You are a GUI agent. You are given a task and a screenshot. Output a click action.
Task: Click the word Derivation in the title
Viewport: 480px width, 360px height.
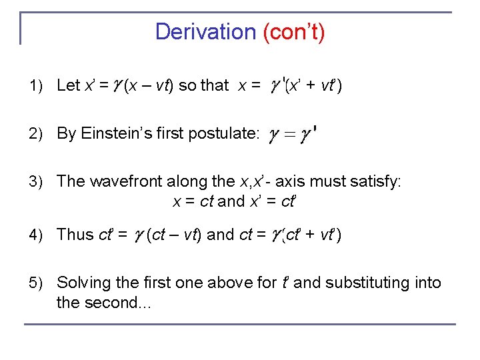pos(205,31)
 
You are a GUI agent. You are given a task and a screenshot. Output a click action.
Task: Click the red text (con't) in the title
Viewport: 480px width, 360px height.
pos(294,31)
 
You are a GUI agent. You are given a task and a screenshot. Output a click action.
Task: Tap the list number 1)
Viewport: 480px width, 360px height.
pos(37,86)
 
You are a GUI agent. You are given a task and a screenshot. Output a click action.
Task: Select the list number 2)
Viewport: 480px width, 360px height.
pos(37,134)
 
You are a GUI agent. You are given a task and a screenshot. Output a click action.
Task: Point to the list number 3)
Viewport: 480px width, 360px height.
pos(37,182)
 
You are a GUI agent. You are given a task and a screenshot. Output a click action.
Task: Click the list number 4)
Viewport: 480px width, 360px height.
pos(37,235)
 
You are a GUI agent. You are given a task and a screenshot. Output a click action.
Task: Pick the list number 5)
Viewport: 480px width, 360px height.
pos(37,283)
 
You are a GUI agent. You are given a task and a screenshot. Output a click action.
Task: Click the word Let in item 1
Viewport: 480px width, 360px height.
pos(69,85)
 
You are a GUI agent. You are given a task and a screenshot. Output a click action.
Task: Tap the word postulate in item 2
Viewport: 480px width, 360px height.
pos(223,133)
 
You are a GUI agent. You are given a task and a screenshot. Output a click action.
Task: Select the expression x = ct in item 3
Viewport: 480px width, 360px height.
pos(193,201)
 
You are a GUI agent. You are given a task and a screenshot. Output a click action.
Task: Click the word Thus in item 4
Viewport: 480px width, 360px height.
pos(75,234)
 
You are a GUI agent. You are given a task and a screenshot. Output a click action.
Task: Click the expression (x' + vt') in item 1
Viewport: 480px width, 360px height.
pos(313,85)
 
